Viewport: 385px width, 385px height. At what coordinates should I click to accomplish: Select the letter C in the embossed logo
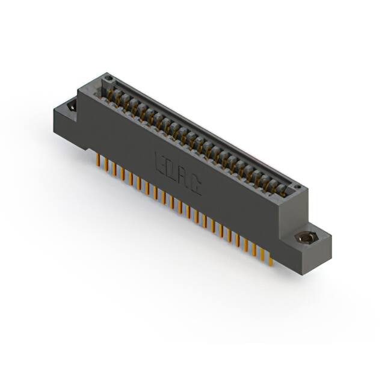[x=197, y=188]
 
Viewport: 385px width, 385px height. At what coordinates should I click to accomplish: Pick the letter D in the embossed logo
[x=172, y=171]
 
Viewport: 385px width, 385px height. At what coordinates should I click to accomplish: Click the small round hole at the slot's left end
[x=108, y=79]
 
